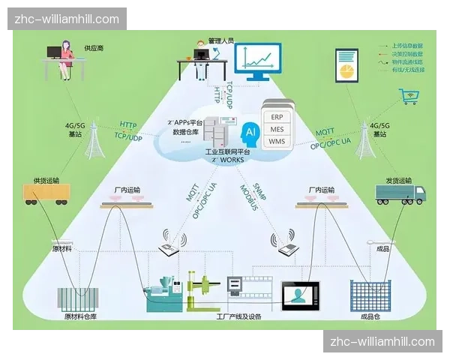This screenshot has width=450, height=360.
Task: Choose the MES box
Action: [x=276, y=128]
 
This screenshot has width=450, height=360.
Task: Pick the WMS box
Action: [x=276, y=141]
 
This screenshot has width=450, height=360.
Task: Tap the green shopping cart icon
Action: [x=409, y=96]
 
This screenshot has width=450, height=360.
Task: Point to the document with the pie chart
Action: [x=346, y=67]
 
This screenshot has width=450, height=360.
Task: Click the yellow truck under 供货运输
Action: [x=43, y=193]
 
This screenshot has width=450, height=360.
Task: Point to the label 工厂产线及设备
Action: [x=238, y=317]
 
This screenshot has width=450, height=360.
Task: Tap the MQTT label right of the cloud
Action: [x=325, y=132]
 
